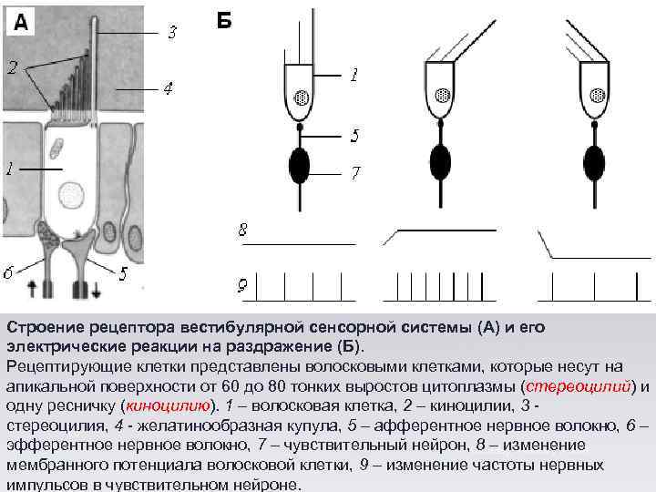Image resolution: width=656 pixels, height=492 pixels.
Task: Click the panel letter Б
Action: point(224,20)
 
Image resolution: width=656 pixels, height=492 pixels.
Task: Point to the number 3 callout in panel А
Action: point(171,33)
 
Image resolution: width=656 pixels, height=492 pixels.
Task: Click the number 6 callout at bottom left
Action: point(8,272)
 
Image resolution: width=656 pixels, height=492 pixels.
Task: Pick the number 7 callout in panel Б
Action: point(356,171)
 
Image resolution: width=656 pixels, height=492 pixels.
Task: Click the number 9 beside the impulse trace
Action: point(242,287)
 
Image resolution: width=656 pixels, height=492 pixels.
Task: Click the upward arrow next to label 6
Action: point(33,290)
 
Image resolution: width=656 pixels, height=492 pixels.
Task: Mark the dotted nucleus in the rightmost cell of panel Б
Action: point(597,95)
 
